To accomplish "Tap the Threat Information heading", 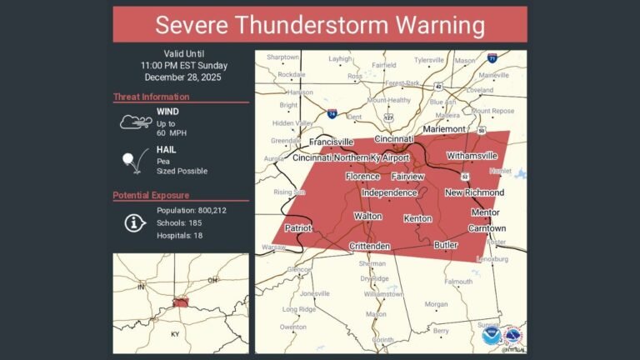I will point(151,97).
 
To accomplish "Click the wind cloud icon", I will point(134,122).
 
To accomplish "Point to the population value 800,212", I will point(207,211).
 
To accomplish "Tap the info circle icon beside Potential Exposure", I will point(133,222).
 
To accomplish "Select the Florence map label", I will point(363,177).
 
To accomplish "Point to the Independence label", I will point(389,193).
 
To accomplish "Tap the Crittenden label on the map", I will point(368,246).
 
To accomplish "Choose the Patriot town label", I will point(297,227).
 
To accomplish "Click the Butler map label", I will point(446,245).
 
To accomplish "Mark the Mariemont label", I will point(449,130).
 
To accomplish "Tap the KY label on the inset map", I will point(176,333).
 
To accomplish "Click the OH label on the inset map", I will point(212,280).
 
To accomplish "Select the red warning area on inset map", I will point(180,302).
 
